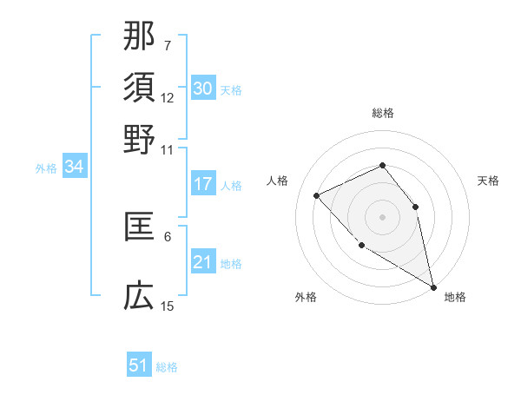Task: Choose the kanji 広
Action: (139, 297)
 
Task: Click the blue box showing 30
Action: (202, 89)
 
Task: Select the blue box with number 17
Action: (202, 184)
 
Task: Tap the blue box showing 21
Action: (202, 262)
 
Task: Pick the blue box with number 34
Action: (74, 167)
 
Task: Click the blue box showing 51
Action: (139, 365)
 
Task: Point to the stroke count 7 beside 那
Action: (168, 44)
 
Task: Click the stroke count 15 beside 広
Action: (168, 306)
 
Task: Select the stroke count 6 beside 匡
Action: (168, 235)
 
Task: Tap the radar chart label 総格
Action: (382, 113)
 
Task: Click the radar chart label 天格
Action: (488, 181)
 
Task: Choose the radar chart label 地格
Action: (455, 297)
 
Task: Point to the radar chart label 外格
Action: (306, 297)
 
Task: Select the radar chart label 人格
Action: (278, 181)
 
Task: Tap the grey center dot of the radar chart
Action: (382, 216)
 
